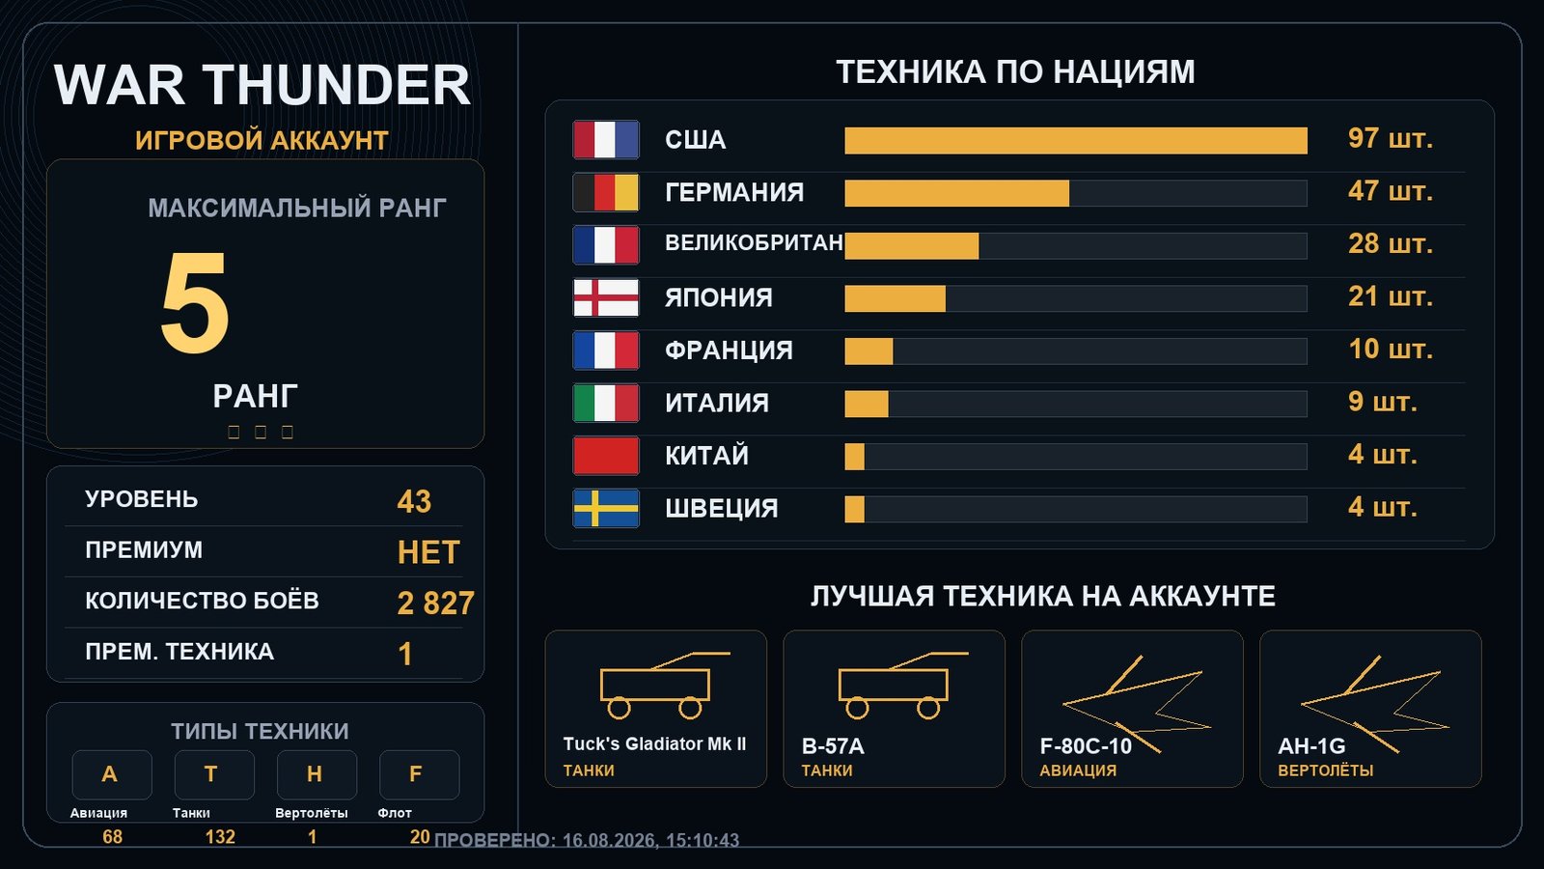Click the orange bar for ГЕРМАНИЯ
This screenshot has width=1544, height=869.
point(956,193)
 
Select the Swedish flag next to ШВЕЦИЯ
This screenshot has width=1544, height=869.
point(606,508)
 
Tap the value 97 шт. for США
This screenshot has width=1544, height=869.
point(1390,139)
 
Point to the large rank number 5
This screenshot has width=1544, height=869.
point(194,302)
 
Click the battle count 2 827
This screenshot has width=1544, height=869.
point(435,603)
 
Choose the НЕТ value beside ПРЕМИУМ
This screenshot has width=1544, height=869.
point(428,552)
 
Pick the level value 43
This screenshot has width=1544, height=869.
point(414,501)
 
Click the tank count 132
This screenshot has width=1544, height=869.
point(220,836)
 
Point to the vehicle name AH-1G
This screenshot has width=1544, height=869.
point(1311,745)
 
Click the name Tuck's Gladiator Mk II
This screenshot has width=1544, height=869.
point(654,743)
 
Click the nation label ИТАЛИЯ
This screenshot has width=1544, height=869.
point(717,403)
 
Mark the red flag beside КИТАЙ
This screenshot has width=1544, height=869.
point(606,456)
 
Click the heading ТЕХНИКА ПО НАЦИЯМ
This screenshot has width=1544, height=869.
point(1015,71)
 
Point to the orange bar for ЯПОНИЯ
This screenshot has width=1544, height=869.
point(896,298)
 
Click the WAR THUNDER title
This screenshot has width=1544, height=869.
point(262,85)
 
